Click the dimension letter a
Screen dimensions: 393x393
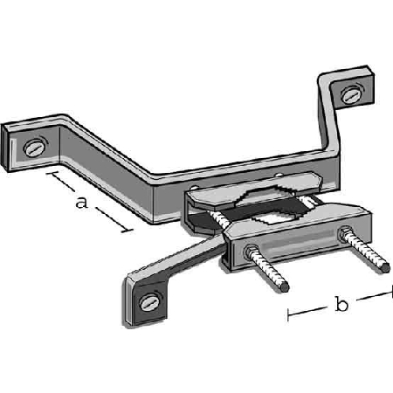point(82,203)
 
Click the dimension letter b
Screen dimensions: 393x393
point(341,304)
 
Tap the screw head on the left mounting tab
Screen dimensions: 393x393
point(35,148)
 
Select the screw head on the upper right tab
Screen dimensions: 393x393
point(351,94)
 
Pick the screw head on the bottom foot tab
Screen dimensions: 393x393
point(150,302)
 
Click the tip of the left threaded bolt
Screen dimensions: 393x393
point(285,286)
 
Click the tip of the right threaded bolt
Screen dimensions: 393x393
point(385,267)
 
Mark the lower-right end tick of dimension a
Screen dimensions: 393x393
point(127,231)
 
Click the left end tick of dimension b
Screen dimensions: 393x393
point(288,315)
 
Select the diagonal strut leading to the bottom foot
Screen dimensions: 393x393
point(177,256)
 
